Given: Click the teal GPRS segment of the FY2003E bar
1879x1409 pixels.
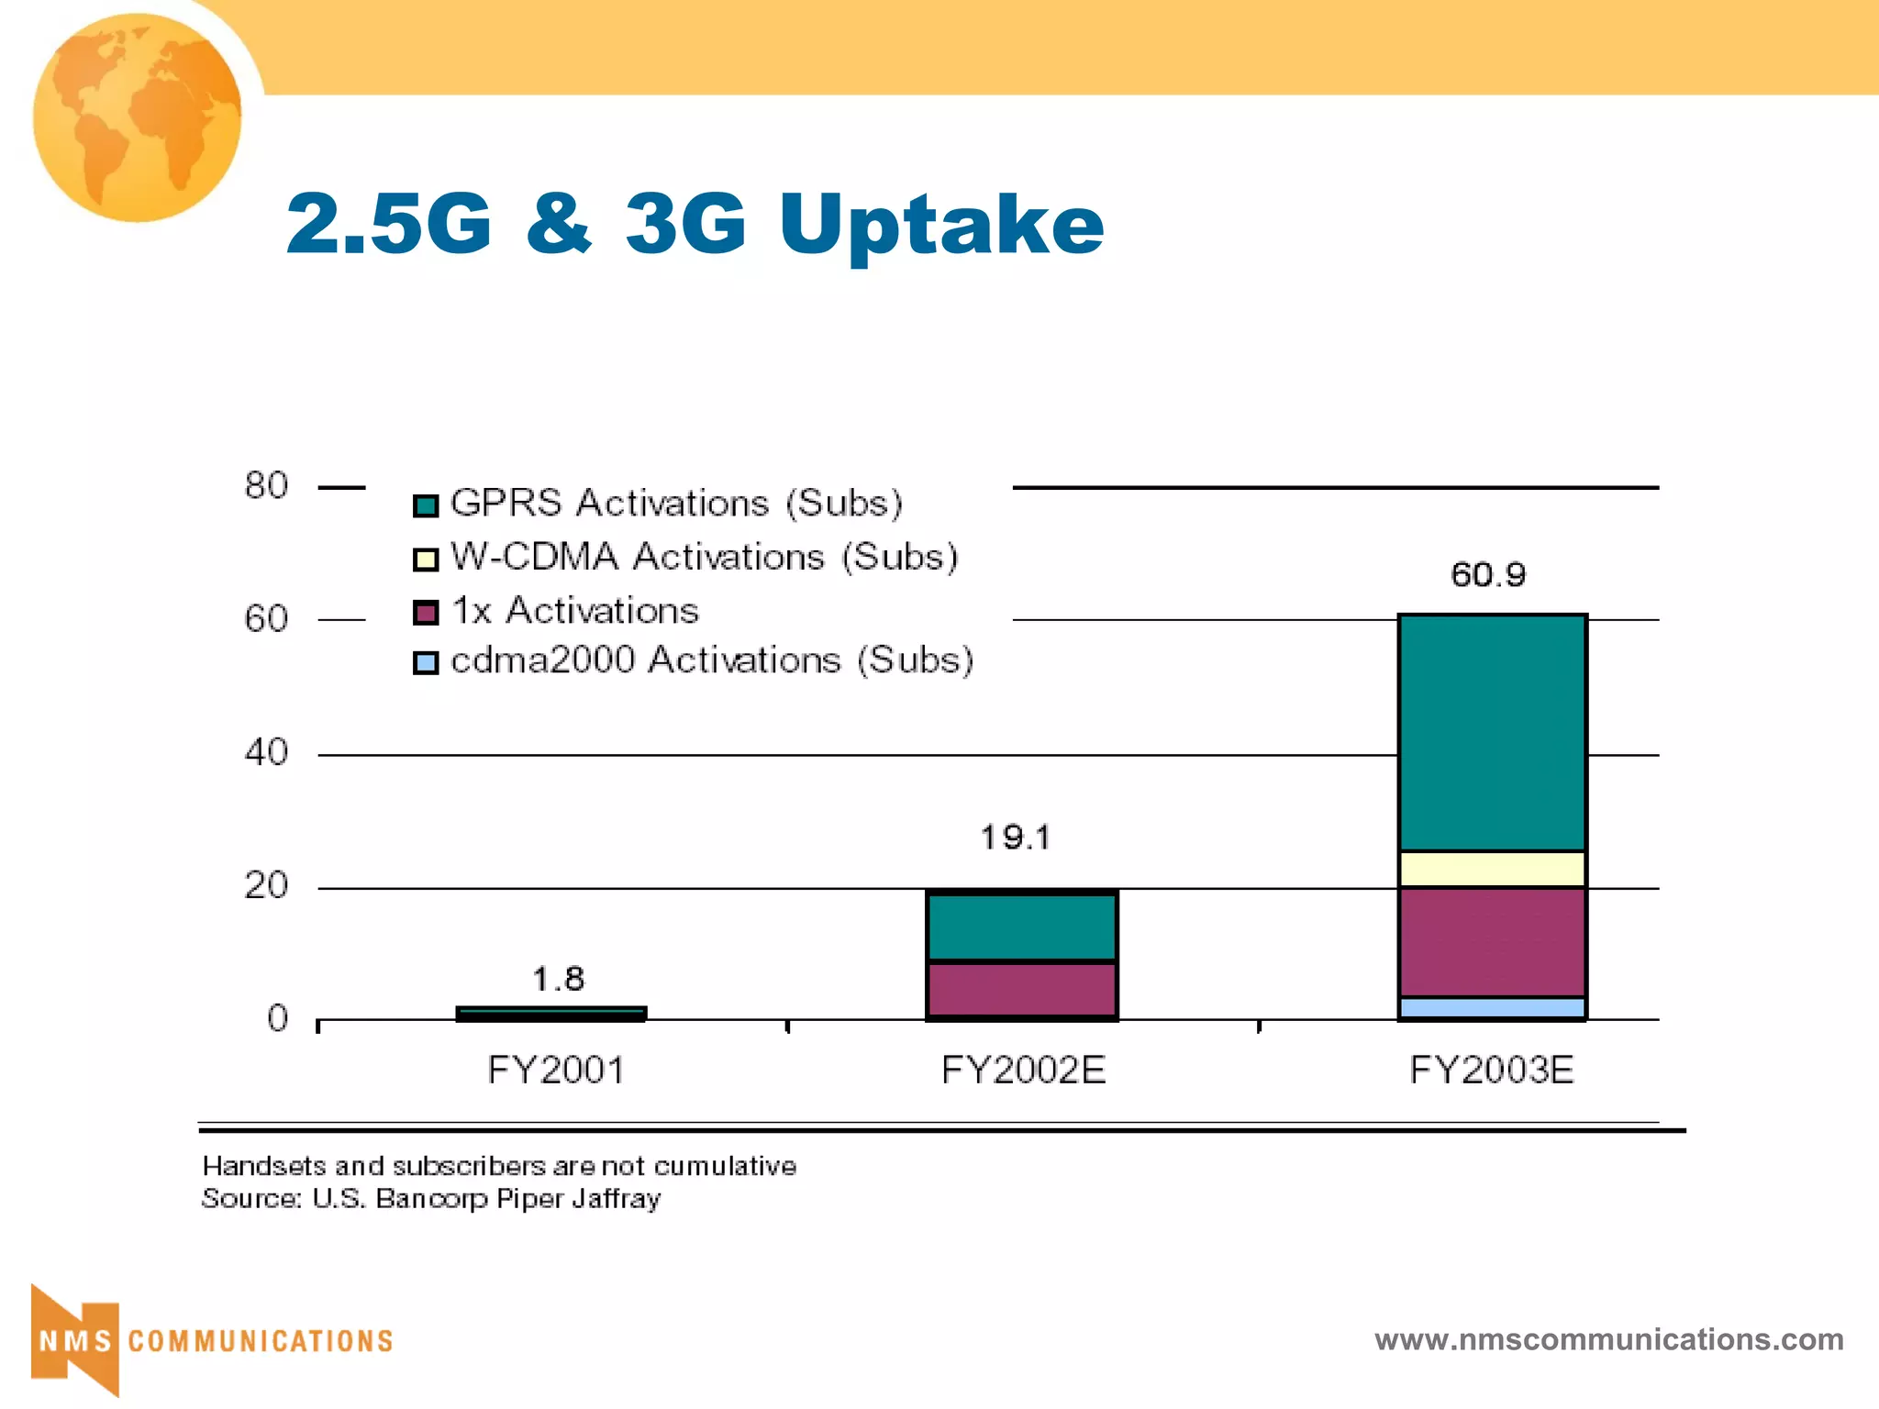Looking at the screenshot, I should pos(1492,732).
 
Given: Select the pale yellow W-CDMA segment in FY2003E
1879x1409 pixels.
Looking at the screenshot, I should pos(1492,869).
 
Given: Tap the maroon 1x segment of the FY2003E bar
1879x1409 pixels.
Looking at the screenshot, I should pos(1492,941).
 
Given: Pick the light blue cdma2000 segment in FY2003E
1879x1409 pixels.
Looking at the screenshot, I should pos(1492,1007).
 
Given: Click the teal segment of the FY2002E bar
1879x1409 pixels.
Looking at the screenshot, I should pos(1021,927).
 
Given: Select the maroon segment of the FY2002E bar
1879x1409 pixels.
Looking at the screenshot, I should pos(1021,989).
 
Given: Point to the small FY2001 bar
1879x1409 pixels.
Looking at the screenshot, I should pos(551,1013).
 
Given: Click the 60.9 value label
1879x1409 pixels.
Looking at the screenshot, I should pos(1488,575).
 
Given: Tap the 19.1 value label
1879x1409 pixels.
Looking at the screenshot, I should pos(1016,837).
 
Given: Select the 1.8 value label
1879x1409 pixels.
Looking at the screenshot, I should pos(558,979).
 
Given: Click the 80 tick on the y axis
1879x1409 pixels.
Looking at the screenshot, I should pos(266,485).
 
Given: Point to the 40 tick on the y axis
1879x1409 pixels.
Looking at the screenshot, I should pos(266,753).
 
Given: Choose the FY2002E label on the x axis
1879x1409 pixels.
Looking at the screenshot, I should pos(1023,1071).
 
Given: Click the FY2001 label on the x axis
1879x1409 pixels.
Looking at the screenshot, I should pos(556,1071).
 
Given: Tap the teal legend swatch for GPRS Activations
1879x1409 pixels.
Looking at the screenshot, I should pos(426,505).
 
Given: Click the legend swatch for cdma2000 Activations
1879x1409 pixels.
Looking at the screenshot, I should pos(426,662).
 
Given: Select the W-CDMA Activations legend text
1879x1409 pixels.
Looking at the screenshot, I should pos(704,557).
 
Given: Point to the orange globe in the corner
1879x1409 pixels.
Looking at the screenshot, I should pos(138,117).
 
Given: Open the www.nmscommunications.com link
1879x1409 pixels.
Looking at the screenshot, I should pos(1608,1339).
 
